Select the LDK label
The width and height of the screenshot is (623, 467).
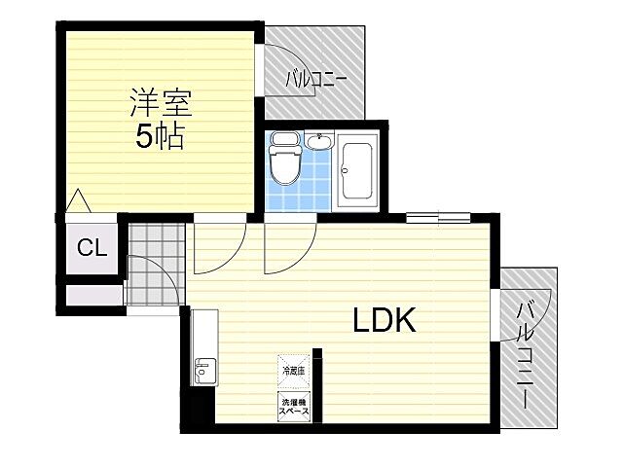tap(385, 321)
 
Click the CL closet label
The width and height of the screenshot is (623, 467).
tap(92, 247)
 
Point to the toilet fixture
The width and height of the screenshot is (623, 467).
tap(285, 160)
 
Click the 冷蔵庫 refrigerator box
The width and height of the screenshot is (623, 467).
tap(293, 369)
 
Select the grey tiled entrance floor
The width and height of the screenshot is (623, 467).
tap(154, 263)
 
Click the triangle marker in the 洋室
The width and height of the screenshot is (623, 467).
tap(78, 202)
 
